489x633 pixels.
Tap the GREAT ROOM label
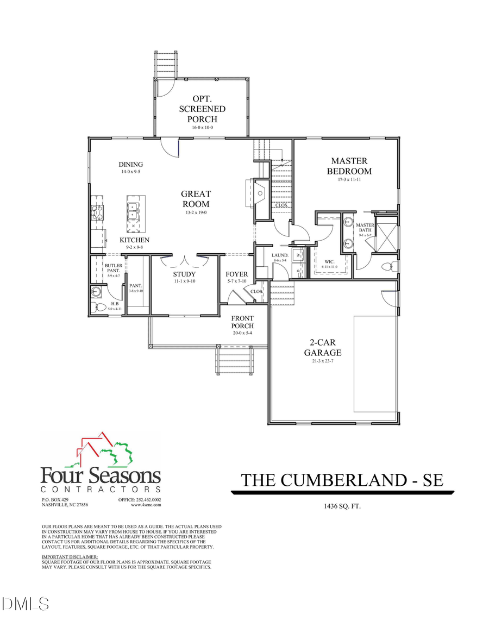pos(196,199)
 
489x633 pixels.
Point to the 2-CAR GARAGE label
pos(325,348)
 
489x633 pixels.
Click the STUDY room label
pos(184,274)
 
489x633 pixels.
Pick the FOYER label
pos(237,274)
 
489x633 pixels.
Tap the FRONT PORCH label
pos(242,322)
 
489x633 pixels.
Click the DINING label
pos(131,165)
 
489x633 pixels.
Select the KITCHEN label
pos(134,240)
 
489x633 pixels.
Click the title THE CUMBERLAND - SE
pos(342,480)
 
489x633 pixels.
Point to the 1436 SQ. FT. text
pos(342,506)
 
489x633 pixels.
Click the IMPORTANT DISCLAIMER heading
pos(70,557)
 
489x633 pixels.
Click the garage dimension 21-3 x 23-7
pos(325,360)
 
